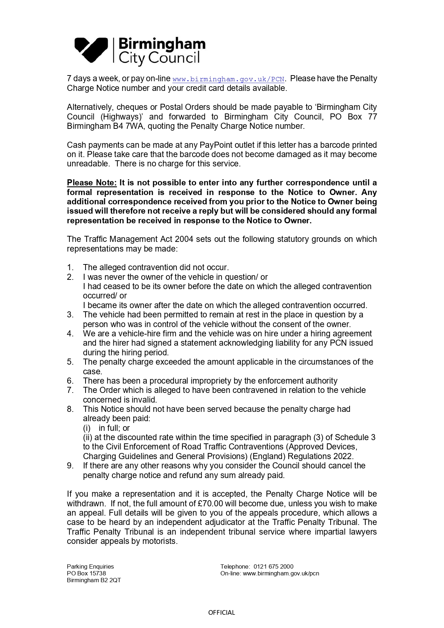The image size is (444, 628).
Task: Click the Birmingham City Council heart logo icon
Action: (91, 50)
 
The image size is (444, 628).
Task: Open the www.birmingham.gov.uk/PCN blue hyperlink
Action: (228, 79)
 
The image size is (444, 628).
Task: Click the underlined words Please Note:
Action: (92, 183)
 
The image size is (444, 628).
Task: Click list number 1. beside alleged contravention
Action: (70, 268)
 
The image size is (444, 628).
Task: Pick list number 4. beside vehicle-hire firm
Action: (70, 334)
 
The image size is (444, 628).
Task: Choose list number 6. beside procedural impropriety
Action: (70, 381)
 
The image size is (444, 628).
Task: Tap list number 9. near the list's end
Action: (70, 466)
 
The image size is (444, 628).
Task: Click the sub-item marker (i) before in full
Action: (87, 428)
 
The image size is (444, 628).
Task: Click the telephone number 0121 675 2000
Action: (273, 567)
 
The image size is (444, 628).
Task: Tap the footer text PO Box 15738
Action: (86, 574)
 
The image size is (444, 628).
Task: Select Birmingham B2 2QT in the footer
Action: (94, 580)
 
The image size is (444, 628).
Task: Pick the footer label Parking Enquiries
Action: (90, 567)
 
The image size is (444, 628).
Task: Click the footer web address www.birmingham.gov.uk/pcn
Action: (281, 574)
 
